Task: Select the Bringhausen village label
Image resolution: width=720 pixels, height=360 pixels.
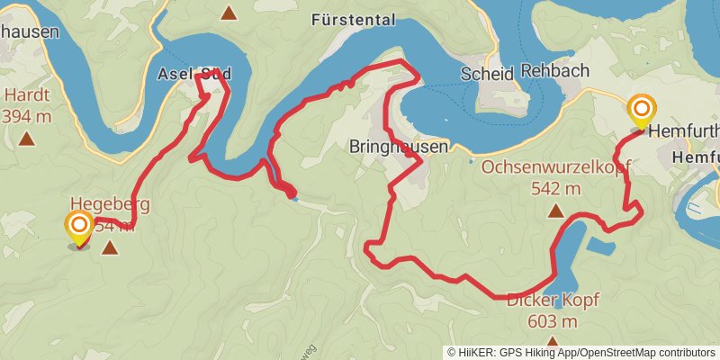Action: pos(385,145)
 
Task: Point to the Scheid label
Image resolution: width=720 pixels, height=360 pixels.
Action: pos(486,73)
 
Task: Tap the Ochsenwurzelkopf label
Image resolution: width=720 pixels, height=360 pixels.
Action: pos(555,166)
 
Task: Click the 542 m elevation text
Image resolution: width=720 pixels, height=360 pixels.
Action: pos(555,188)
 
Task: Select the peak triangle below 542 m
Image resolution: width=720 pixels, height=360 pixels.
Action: pos(555,211)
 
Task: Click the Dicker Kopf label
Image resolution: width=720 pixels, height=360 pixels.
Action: pos(553,300)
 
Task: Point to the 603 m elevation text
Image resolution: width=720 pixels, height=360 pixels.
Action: pos(553,320)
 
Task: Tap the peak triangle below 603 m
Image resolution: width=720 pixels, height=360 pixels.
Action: pos(553,342)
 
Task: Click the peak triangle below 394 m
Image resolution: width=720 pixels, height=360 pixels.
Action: pos(26,139)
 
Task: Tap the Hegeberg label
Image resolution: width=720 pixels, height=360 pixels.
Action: pos(110,203)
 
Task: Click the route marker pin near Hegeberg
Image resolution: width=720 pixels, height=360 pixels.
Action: pos(79,228)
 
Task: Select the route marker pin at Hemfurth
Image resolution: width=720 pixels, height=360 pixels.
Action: pos(642,112)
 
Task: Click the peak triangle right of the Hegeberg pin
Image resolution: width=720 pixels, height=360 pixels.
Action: pos(110,247)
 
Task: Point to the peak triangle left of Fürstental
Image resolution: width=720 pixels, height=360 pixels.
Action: pos(229,13)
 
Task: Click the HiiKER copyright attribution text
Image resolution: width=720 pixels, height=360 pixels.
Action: pos(581,352)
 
